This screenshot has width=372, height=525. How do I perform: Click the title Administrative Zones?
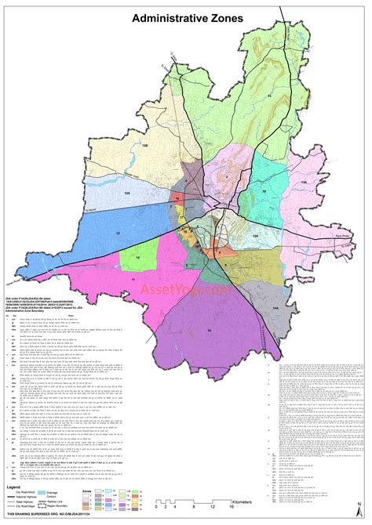[x=187, y=18]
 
